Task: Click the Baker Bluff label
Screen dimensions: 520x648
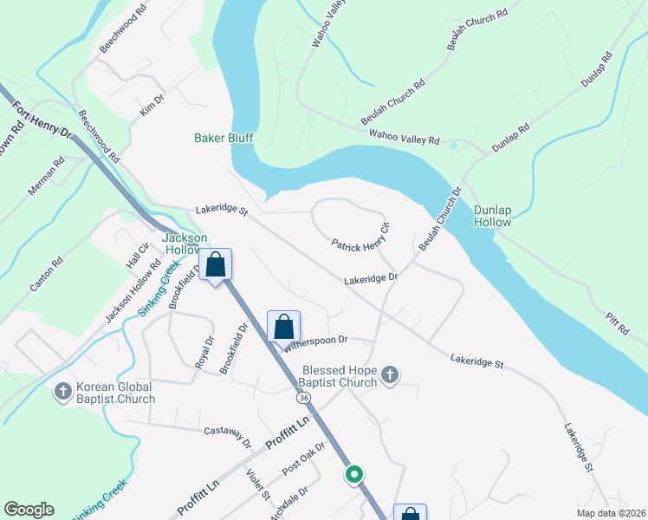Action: click(x=222, y=138)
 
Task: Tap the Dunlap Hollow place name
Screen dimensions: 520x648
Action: click(x=492, y=216)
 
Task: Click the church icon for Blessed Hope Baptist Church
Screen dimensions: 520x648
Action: click(x=390, y=374)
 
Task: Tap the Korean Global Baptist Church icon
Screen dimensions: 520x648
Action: click(x=62, y=393)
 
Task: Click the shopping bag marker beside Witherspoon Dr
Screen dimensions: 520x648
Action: click(x=283, y=328)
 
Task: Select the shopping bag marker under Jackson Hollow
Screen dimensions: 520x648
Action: click(x=216, y=265)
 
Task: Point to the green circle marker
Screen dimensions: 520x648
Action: click(x=353, y=474)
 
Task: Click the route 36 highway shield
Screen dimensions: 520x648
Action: click(x=302, y=397)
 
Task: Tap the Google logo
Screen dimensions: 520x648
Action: click(x=29, y=510)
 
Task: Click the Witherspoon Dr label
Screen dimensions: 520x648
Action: click(x=315, y=341)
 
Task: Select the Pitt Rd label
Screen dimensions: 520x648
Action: click(x=619, y=324)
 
